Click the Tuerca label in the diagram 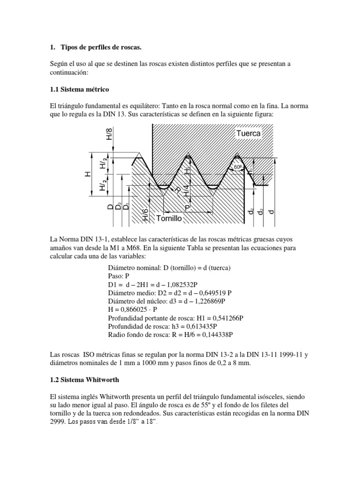(248, 134)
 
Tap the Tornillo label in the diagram (169, 218)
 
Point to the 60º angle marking (238, 167)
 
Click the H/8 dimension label (109, 133)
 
